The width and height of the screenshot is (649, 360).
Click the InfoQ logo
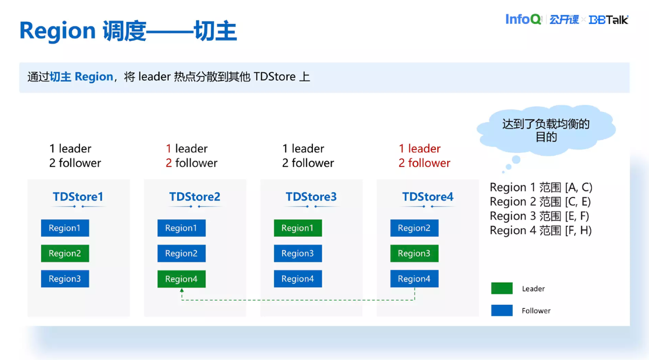point(523,20)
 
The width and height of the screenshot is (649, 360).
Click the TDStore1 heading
point(78,197)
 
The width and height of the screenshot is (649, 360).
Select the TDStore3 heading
point(311,197)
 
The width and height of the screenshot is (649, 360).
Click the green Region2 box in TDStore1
point(65,253)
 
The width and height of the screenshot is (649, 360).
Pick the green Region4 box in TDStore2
point(181,279)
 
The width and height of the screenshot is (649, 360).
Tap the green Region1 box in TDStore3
point(297,228)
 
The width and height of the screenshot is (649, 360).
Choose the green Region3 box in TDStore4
point(414,253)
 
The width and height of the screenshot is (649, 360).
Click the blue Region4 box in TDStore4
point(414,279)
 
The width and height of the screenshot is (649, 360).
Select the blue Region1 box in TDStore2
point(181,228)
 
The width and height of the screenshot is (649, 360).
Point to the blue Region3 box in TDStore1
point(65,279)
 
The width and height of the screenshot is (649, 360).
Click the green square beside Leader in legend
point(501,289)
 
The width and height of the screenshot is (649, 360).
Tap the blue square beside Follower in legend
point(501,310)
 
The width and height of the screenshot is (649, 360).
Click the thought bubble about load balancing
point(546,130)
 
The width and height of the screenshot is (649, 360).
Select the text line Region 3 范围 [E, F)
point(540,216)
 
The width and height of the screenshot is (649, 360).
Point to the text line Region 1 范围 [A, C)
point(541,187)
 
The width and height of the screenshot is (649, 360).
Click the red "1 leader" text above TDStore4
point(419,149)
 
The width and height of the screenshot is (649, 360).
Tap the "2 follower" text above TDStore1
point(75,163)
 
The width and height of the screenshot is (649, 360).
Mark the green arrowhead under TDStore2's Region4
point(182,291)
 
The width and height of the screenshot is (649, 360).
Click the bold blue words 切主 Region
point(81,77)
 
